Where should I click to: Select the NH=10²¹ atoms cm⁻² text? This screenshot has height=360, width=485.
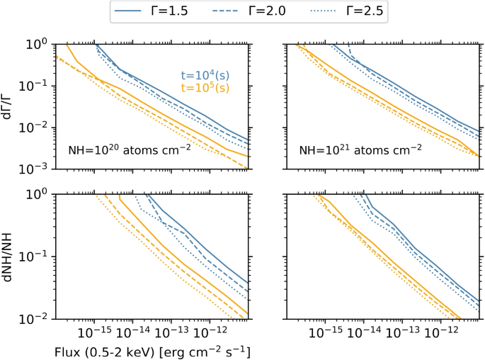[360, 150]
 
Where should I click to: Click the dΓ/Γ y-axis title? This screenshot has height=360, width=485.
[9, 106]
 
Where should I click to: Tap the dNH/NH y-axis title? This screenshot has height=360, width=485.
[9, 256]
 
